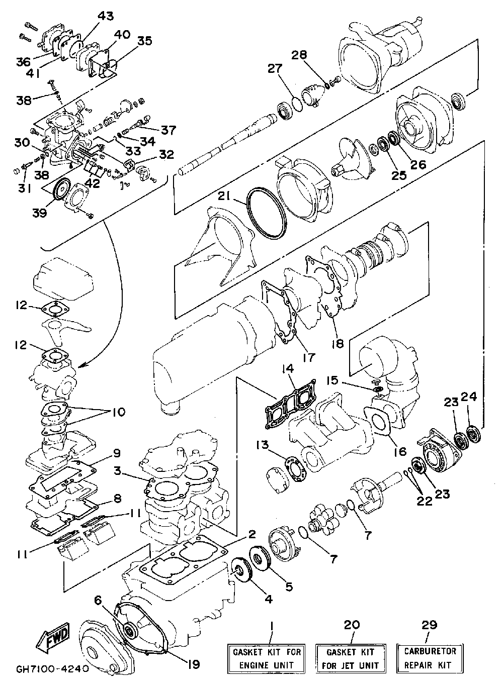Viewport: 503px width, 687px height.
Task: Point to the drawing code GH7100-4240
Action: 49,667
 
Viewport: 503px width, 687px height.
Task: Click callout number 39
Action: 40,213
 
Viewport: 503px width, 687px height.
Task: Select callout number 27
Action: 275,68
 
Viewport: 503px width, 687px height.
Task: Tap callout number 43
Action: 105,16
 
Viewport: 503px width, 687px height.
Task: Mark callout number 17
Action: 308,357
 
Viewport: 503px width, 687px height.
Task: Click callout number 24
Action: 469,397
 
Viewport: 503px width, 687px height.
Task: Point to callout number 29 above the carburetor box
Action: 429,625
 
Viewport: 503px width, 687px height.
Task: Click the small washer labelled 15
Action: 378,389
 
